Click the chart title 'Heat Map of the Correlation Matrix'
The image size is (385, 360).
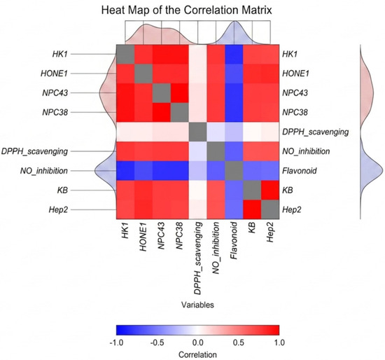(x=187, y=11)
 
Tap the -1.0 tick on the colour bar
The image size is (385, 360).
(x=116, y=342)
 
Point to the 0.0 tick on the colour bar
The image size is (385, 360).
(x=198, y=342)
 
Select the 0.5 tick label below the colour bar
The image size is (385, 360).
(x=239, y=342)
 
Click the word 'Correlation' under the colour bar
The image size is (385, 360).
(x=197, y=354)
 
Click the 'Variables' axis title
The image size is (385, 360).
(x=197, y=305)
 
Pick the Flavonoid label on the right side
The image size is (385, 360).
(x=300, y=170)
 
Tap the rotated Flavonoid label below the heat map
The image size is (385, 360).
(x=234, y=240)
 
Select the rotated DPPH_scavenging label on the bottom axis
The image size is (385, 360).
(x=197, y=258)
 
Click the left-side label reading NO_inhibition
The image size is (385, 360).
(x=44, y=171)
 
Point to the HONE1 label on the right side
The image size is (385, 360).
(x=295, y=74)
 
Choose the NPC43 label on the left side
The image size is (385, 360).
(x=55, y=93)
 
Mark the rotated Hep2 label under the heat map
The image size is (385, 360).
(x=270, y=233)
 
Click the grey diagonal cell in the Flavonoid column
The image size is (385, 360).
(x=234, y=170)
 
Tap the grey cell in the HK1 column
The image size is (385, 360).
(x=125, y=54)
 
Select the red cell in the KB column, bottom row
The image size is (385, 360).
(x=252, y=209)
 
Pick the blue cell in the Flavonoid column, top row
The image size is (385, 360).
(x=234, y=54)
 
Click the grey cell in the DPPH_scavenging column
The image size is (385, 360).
(x=197, y=132)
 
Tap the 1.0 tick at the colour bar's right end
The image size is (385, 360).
(x=279, y=342)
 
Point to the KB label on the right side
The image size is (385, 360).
(x=288, y=191)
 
